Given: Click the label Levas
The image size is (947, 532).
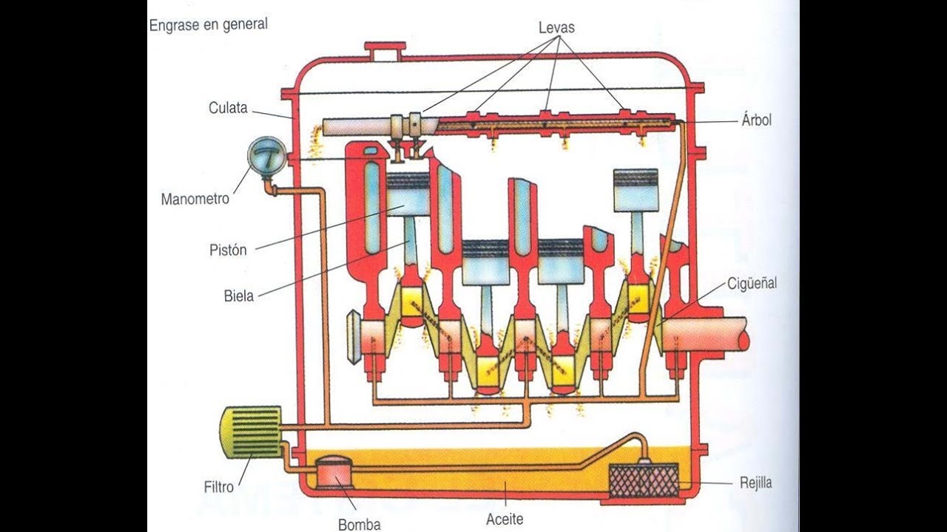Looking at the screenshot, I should (x=556, y=28).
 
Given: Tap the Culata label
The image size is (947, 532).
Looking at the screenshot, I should (x=228, y=108).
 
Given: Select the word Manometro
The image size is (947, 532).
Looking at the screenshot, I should (x=195, y=199).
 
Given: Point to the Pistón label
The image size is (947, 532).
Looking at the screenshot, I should (x=228, y=250).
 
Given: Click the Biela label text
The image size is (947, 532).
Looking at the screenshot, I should (x=239, y=296).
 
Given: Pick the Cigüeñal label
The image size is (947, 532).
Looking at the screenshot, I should (x=752, y=283).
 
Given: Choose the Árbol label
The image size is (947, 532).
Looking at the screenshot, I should (x=756, y=120).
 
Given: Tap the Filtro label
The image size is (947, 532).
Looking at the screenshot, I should (x=218, y=487).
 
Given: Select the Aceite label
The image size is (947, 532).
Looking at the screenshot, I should (x=505, y=519).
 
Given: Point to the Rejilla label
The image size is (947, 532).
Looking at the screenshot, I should (x=756, y=483).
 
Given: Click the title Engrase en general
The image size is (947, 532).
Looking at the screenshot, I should (x=209, y=24).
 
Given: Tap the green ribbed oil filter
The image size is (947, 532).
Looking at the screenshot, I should (x=251, y=432).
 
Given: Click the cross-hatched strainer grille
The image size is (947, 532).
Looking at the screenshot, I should (x=643, y=480).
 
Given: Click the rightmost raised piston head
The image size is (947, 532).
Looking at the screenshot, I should (x=636, y=191).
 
